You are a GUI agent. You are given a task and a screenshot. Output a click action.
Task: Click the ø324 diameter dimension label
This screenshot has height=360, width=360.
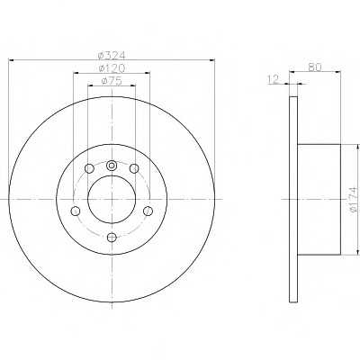[112, 56]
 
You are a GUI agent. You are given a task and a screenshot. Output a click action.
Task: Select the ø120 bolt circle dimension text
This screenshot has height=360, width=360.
[112, 68]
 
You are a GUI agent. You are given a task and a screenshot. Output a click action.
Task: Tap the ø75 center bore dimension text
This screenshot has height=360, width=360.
[112, 81]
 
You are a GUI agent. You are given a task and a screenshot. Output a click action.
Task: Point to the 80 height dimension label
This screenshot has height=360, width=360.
[315, 67]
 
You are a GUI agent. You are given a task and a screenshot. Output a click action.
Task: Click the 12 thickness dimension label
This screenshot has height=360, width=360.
[274, 79]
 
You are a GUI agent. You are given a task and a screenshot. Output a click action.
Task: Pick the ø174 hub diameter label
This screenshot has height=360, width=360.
[355, 200]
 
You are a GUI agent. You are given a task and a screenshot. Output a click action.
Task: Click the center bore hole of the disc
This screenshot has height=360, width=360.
[112, 200]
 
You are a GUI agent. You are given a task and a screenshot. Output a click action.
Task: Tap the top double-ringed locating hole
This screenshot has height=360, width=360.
[112, 166]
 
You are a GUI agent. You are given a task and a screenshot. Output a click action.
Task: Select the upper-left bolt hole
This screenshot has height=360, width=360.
[89, 169]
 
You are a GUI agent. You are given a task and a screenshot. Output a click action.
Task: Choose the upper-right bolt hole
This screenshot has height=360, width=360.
[134, 169]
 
